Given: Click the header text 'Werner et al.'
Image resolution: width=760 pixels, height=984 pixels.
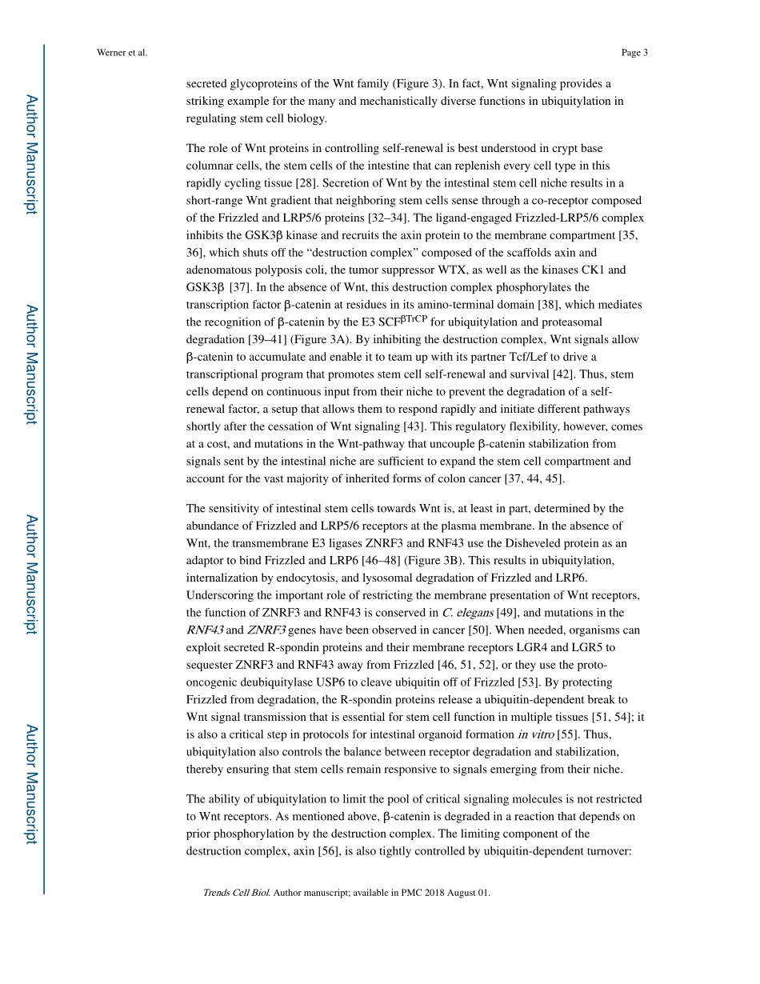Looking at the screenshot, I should pos(122,53).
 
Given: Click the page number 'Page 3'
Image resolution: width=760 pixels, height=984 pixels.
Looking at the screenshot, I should pos(634,53).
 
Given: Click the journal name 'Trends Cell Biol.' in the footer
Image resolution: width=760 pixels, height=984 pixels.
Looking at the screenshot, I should pos(236,893).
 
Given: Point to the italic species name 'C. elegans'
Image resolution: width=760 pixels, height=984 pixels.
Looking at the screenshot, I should pos(465,613).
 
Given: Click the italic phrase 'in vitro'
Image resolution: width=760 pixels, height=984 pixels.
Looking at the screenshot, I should pos(535,734).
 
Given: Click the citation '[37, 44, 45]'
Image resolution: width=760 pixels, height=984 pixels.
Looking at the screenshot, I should pos(534,478).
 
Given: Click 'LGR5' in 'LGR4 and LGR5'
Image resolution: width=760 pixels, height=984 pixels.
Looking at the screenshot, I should pos(598,647).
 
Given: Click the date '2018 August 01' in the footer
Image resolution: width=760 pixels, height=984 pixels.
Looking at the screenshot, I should pos(454,893).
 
